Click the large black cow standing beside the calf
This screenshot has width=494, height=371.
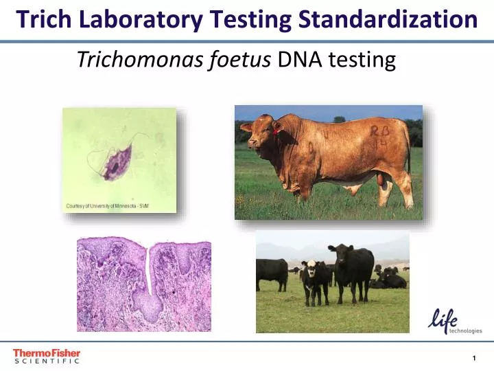coord(352,271)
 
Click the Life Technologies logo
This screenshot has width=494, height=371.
coord(454,320)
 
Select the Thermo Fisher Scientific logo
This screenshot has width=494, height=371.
coord(46,355)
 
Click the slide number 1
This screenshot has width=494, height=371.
coord(474,358)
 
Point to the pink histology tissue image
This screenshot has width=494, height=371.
coord(144,284)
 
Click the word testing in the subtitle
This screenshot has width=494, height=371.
coord(362,60)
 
